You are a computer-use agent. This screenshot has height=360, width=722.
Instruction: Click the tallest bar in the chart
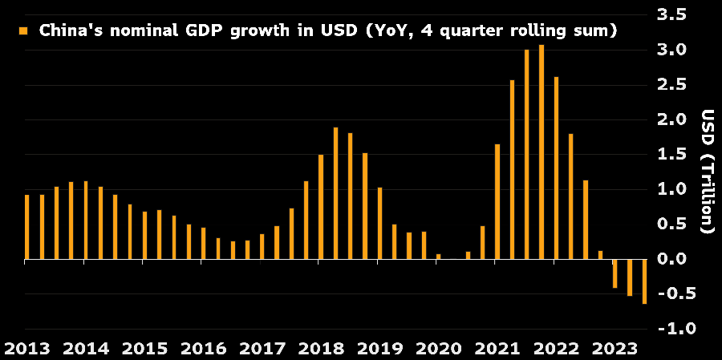click(541, 152)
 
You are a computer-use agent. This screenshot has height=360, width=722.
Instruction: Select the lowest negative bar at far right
click(644, 281)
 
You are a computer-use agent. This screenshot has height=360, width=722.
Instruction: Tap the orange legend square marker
click(22, 31)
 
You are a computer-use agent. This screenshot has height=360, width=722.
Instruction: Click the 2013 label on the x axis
click(27, 349)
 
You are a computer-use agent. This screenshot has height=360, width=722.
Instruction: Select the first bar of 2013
click(27, 227)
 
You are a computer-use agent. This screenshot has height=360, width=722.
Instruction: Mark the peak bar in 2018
click(335, 193)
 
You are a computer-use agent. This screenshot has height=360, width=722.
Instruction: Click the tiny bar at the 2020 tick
click(438, 257)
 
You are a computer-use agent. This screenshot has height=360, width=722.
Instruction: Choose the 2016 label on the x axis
click(203, 349)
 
